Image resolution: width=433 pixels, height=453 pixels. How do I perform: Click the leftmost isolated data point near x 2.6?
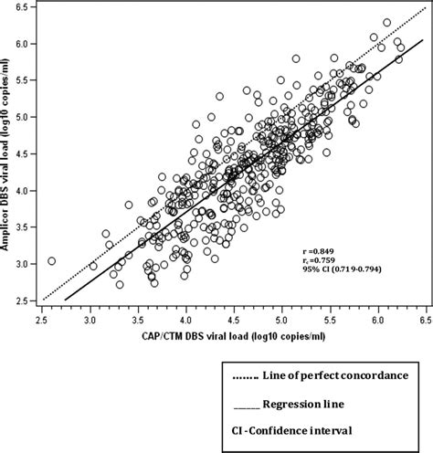pos(52,260)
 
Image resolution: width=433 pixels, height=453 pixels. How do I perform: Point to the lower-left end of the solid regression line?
pos(66,299)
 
